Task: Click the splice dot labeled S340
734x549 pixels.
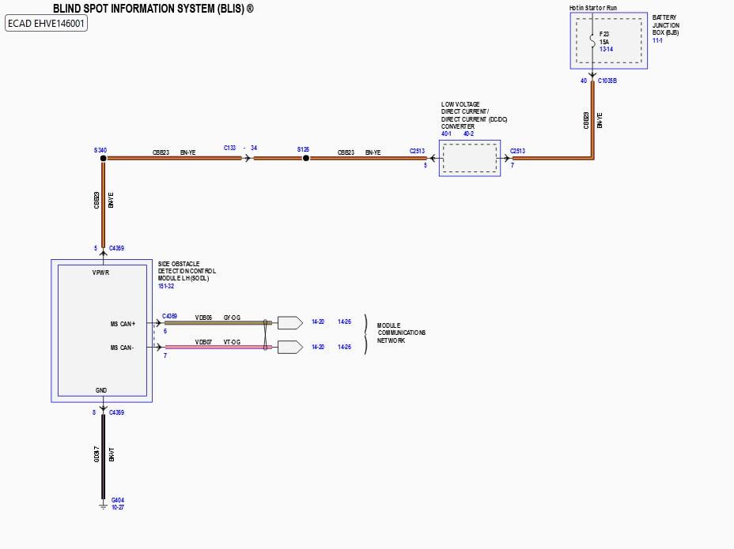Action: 103,159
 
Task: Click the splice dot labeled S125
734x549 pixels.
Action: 306,159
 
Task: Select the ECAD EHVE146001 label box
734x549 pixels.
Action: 47,24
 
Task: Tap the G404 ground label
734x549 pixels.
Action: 118,500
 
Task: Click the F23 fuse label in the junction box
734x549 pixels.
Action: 604,34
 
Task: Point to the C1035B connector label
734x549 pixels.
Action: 608,81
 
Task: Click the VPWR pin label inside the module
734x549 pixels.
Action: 101,273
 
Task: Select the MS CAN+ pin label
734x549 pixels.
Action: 123,324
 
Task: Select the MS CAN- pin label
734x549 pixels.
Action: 123,347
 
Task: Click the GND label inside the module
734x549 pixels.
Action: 101,390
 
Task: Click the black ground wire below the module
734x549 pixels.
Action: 103,458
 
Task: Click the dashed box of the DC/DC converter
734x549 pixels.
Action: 469,159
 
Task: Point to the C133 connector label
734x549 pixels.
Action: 230,148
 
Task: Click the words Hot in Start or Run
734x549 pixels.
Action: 592,8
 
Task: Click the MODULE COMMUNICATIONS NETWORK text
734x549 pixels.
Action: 401,333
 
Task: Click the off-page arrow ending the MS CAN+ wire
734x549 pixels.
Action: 289,323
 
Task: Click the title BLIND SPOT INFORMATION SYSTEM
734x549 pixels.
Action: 153,9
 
